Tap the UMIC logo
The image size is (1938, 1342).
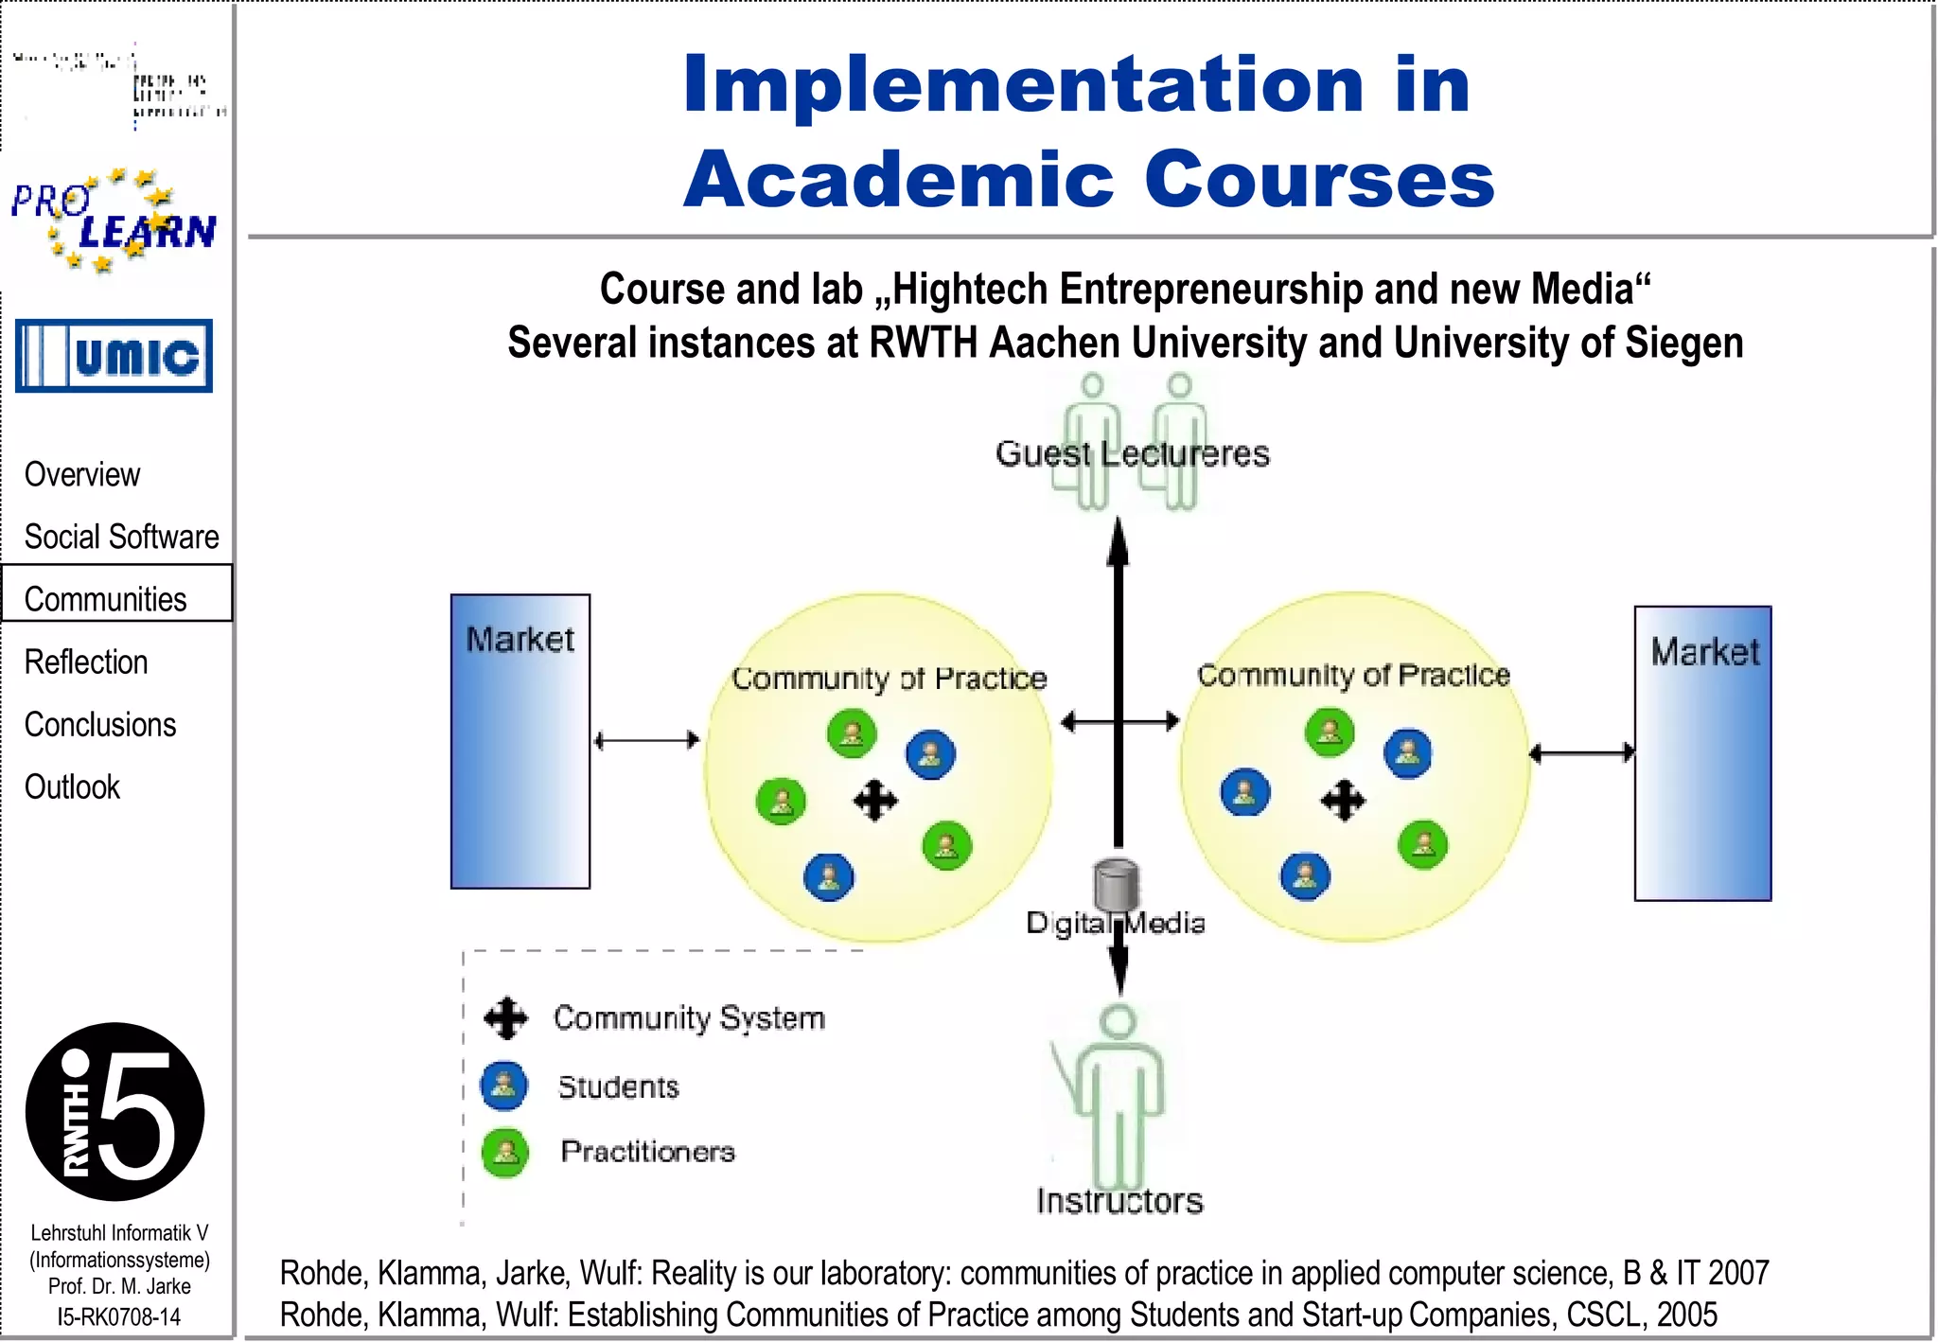[x=114, y=356]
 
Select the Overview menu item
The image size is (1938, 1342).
[x=82, y=474]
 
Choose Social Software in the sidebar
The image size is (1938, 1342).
[x=121, y=537]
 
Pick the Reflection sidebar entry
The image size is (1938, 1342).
[x=86, y=662]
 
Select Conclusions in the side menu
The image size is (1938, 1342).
[x=100, y=724]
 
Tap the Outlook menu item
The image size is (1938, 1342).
[x=72, y=786]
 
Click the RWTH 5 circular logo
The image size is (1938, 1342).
[x=115, y=1112]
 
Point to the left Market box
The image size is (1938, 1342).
[x=520, y=741]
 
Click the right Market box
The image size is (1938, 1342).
[x=1702, y=753]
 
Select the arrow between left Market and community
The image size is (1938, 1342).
[x=646, y=740]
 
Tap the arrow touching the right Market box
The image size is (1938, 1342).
[x=1581, y=753]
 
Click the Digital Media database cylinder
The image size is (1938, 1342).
[x=1116, y=884]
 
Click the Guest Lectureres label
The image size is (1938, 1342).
[x=1132, y=453]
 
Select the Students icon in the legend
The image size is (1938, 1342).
[x=504, y=1086]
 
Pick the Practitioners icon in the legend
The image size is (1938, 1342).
[x=505, y=1152]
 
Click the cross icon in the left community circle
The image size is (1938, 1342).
[x=875, y=801]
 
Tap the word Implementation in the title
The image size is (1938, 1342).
[x=1022, y=85]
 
